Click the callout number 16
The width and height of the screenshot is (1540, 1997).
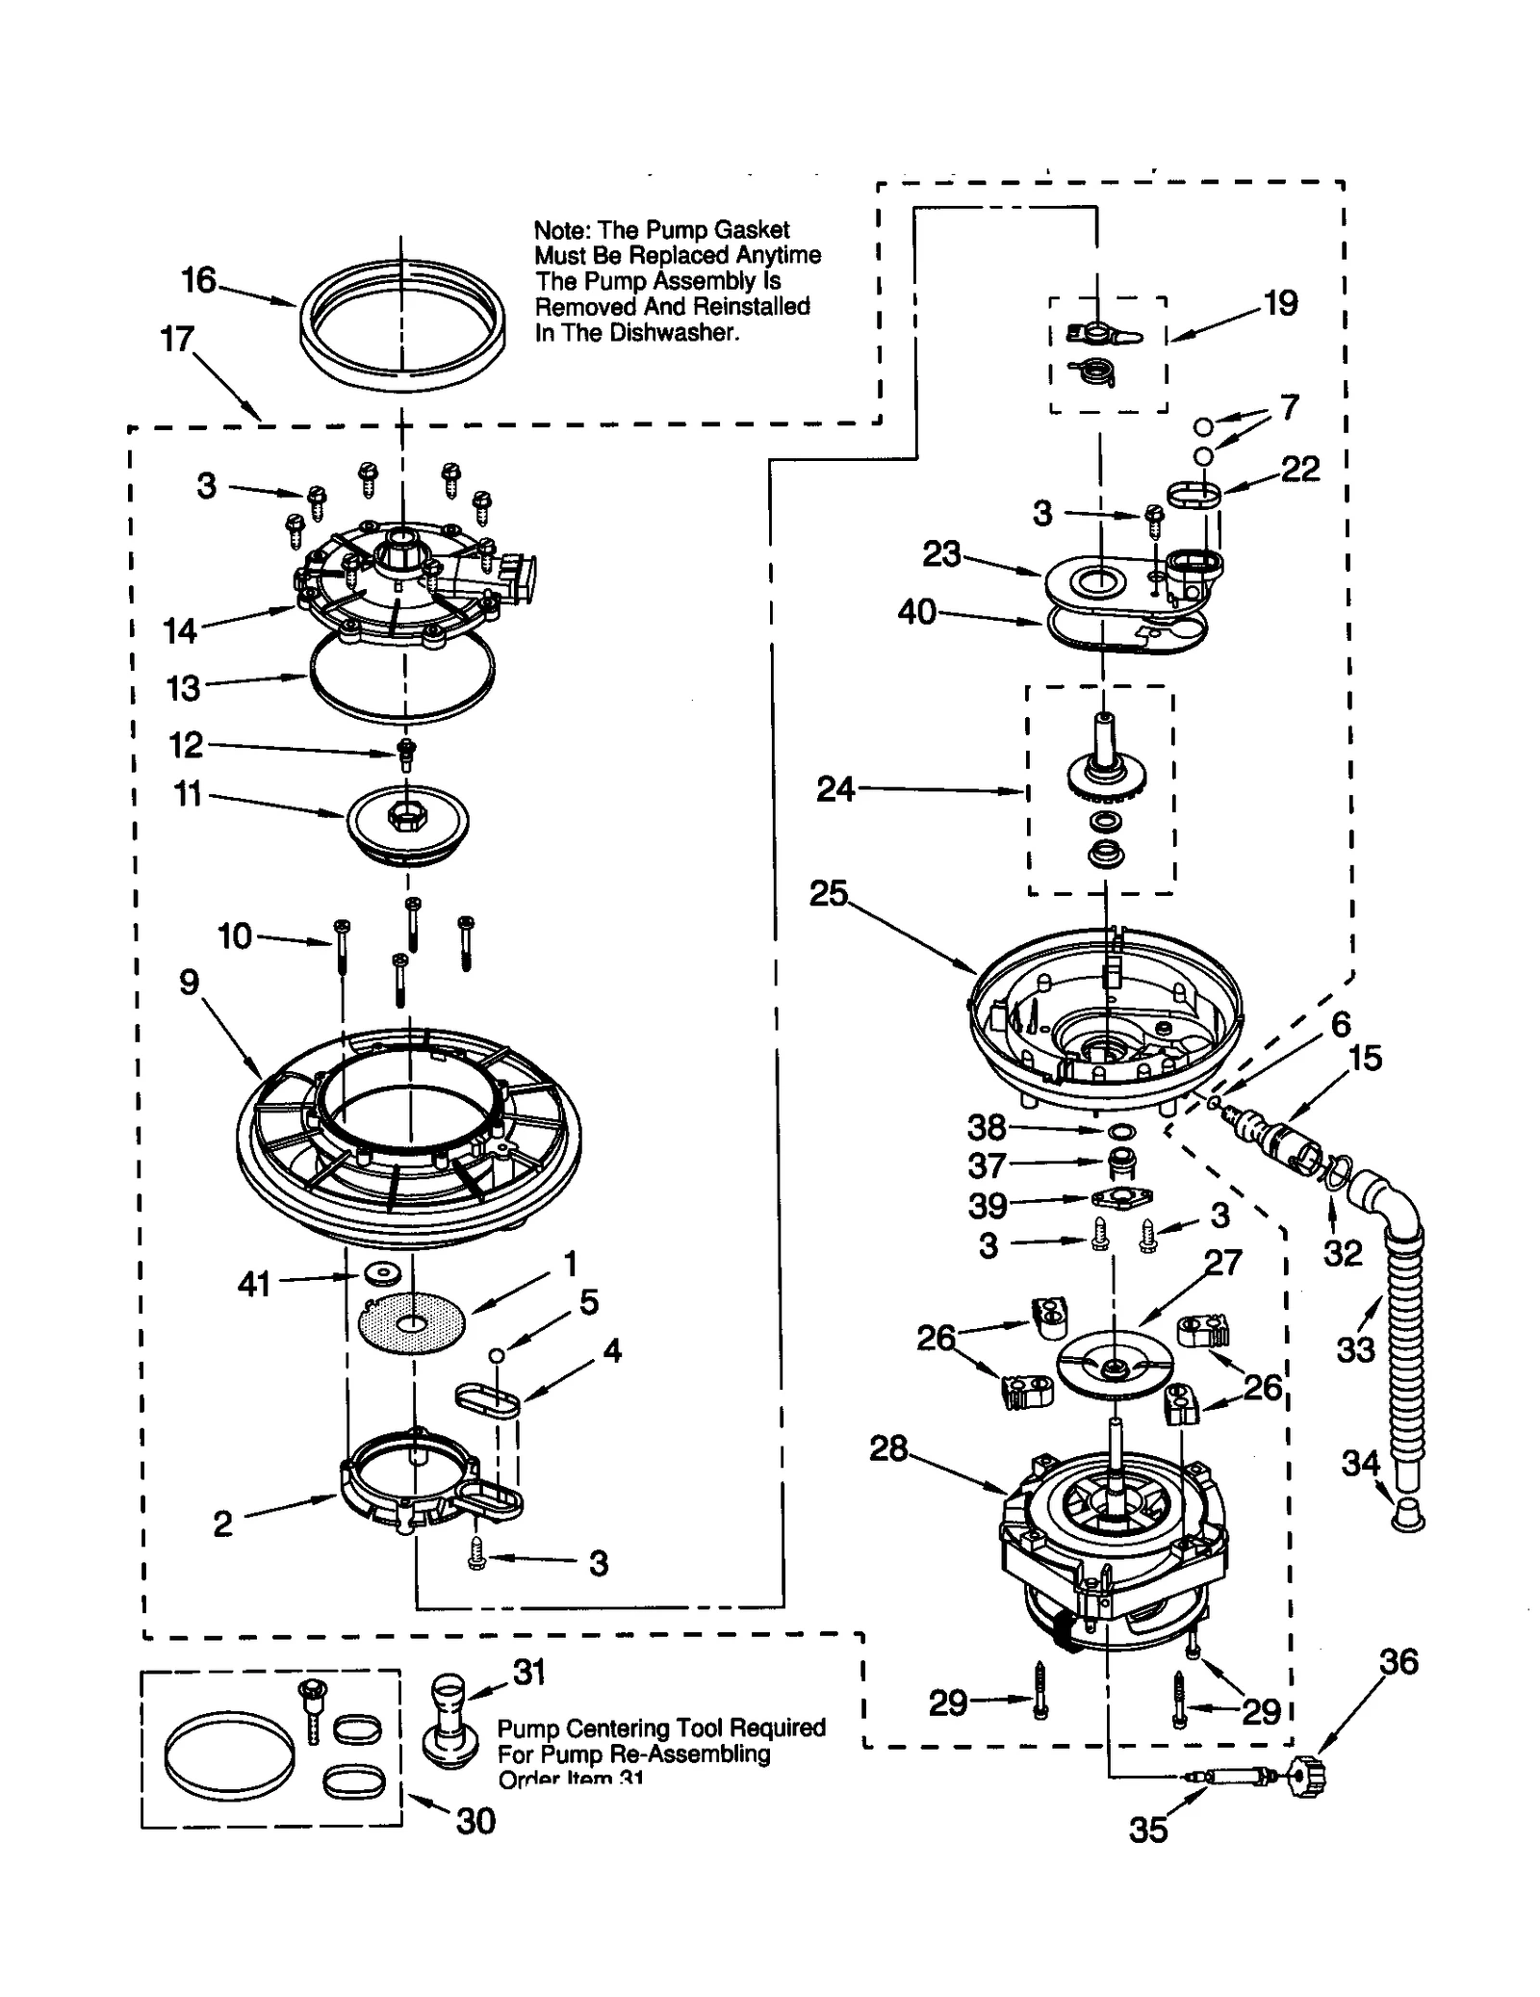[199, 280]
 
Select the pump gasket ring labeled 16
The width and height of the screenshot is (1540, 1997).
[401, 369]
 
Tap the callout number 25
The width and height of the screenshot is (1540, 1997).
[828, 893]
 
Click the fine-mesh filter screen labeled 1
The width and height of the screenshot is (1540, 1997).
[412, 1324]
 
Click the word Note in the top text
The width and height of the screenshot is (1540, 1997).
[562, 231]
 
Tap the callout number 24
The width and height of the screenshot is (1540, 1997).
[834, 789]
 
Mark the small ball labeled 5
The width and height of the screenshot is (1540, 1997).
[497, 1355]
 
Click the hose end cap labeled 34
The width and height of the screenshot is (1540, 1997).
[1408, 1518]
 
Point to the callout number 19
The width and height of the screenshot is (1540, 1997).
[1280, 303]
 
